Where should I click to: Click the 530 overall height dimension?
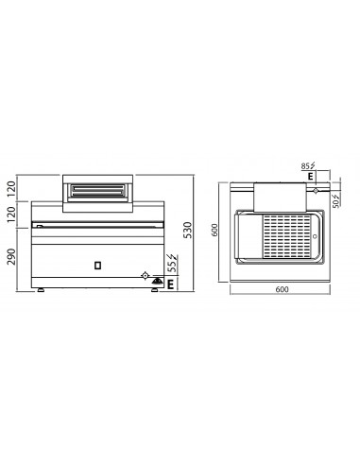point(187,230)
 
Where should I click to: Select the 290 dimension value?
point(11,256)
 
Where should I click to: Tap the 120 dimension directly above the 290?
point(11,215)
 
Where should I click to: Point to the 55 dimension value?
point(171,267)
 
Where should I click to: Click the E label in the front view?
point(170,284)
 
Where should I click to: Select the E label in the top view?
point(311,176)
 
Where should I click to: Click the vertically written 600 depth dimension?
point(214,230)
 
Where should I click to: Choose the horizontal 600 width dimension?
point(282,289)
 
